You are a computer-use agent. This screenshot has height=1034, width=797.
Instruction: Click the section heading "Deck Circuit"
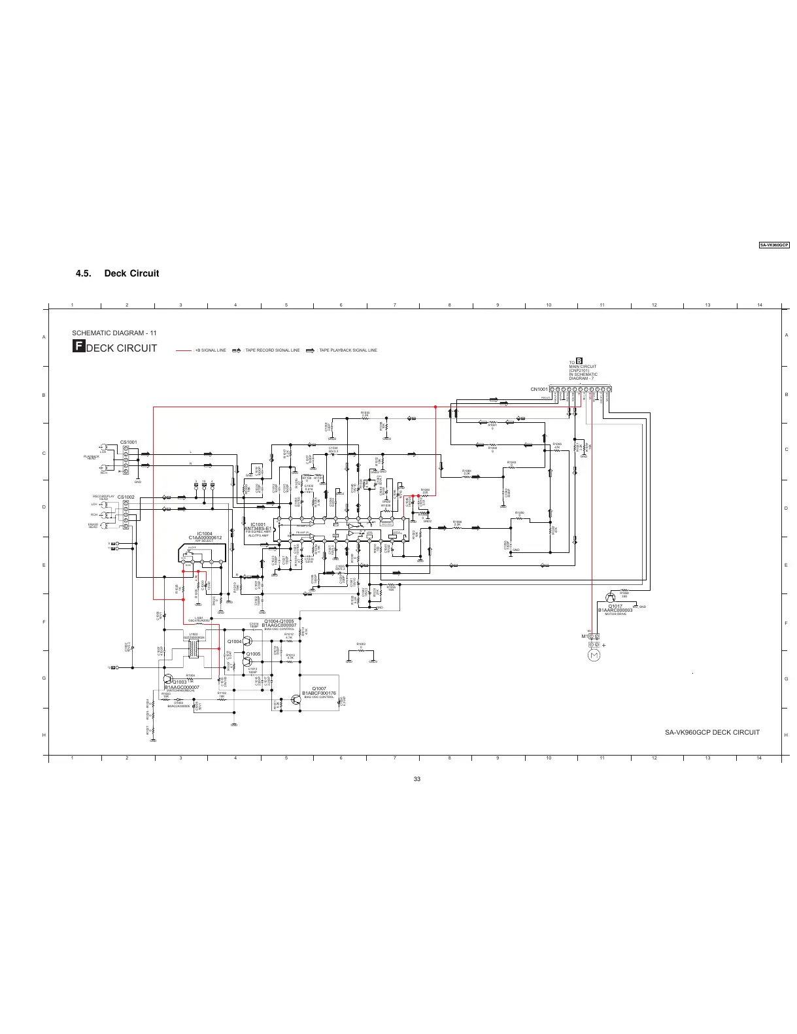point(131,273)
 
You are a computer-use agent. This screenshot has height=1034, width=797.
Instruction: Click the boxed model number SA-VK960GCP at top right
point(774,245)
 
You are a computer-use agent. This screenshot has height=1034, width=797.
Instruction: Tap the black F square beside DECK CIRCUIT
point(78,347)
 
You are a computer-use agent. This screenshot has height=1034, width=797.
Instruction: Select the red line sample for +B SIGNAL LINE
point(184,350)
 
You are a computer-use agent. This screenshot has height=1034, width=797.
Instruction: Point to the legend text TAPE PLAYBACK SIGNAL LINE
point(348,350)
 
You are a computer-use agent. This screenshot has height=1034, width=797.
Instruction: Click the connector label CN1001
point(539,389)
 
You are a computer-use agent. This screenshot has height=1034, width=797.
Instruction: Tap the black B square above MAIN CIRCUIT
point(579,361)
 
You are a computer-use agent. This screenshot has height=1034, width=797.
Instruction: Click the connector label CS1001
point(128,442)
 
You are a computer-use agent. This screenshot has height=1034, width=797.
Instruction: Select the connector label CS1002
point(126,497)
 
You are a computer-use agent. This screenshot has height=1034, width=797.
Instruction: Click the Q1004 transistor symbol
point(248,641)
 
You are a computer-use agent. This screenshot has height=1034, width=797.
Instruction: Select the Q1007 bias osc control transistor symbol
point(296,699)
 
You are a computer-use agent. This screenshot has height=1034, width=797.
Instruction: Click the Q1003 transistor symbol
point(169,679)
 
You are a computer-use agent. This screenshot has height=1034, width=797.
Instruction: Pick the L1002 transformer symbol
point(194,649)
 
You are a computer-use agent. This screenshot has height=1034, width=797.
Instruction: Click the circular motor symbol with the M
point(594,656)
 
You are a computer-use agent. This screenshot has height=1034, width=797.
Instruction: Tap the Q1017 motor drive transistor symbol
point(611,597)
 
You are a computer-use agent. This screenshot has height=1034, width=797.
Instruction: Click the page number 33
point(416,778)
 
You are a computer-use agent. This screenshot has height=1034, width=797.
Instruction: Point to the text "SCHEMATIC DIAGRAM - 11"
point(114,333)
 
